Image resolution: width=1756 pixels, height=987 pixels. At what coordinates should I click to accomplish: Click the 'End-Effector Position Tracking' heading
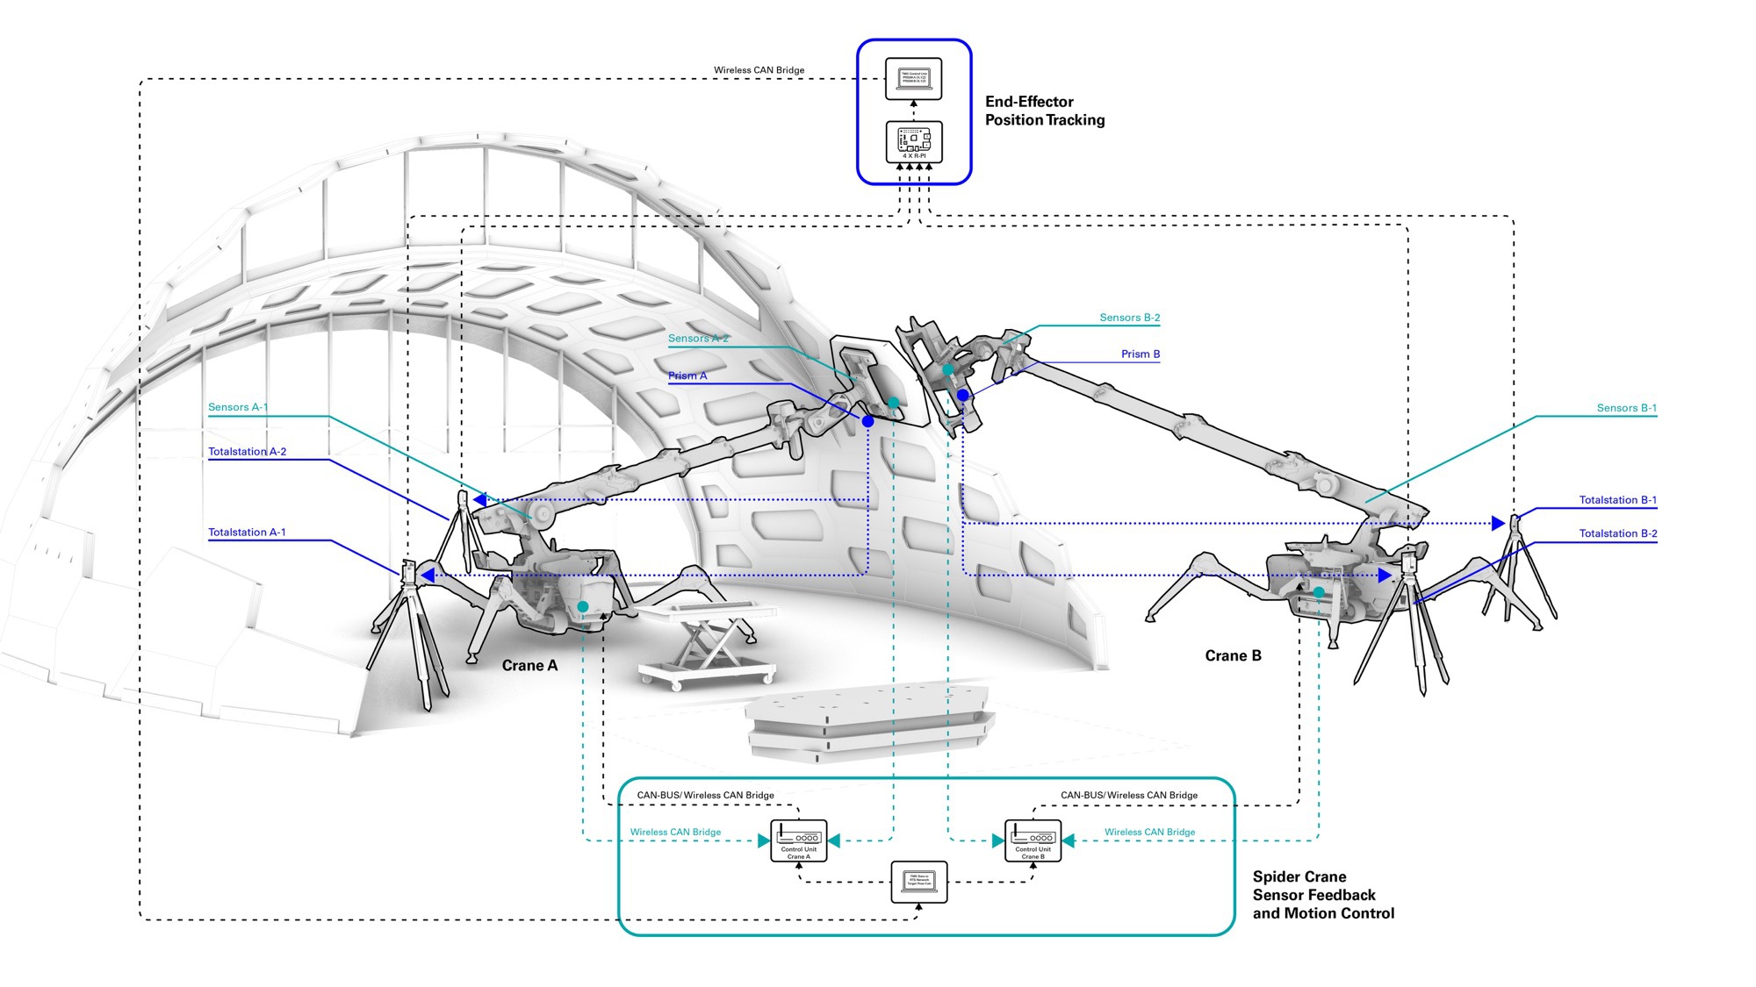[1044, 111]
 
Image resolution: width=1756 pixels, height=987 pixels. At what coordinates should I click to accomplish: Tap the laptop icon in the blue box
[913, 79]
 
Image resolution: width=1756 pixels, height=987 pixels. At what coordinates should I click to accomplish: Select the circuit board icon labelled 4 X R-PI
[913, 141]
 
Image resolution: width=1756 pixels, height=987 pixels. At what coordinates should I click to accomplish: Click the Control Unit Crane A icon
[798, 840]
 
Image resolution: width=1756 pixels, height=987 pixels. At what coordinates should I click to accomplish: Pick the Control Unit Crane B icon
[1033, 840]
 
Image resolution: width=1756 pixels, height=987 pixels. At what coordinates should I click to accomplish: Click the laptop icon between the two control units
[918, 882]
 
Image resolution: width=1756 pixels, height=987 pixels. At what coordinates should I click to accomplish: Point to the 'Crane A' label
[529, 666]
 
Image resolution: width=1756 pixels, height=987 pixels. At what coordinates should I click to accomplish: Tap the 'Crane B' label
[1233, 656]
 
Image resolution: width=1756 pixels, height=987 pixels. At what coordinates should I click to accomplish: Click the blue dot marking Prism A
[867, 421]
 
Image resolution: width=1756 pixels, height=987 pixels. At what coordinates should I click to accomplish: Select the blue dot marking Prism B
[963, 396]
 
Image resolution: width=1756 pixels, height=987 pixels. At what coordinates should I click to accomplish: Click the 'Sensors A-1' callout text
[238, 407]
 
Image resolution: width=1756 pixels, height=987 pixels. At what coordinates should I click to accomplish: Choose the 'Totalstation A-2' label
[247, 452]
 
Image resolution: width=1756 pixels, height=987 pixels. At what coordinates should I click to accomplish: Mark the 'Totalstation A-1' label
[247, 533]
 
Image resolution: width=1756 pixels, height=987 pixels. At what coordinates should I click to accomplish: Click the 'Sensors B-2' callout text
[1129, 318]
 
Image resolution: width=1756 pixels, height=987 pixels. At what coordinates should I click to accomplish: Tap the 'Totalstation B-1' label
[1617, 500]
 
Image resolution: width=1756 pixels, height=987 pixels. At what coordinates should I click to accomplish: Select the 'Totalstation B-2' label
[1617, 533]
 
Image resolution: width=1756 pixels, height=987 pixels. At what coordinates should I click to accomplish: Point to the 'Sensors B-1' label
[1626, 408]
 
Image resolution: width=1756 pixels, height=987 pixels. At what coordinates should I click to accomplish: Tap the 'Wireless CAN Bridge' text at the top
[759, 70]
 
